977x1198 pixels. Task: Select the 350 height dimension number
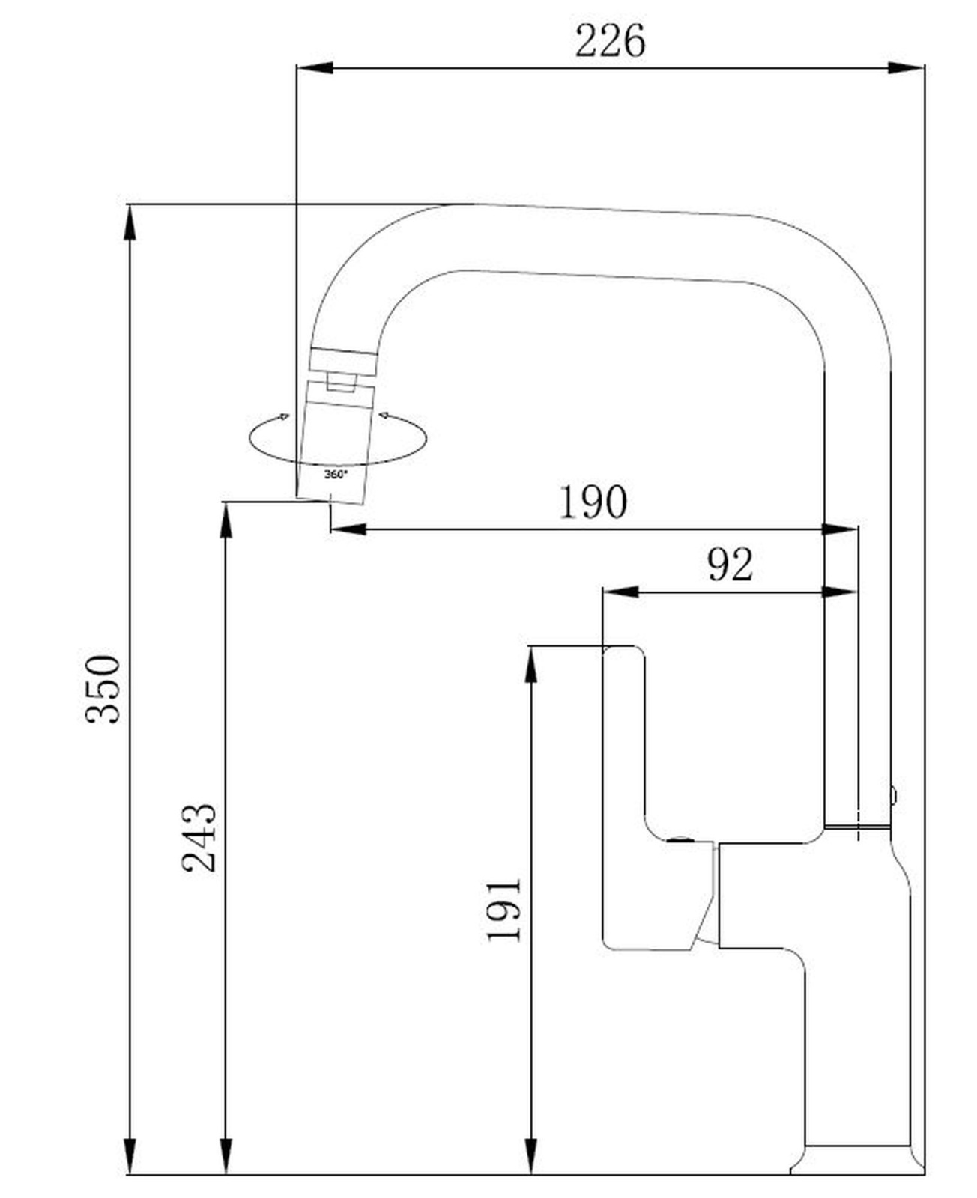(103, 689)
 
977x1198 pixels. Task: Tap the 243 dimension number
(199, 838)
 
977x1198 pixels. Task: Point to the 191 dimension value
(503, 910)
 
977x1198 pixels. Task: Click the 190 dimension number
(593, 502)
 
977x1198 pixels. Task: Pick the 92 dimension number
(729, 565)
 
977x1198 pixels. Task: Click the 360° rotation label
(336, 475)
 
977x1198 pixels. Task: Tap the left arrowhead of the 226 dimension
(315, 68)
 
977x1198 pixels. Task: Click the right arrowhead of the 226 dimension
(906, 68)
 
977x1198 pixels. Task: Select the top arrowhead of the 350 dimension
(130, 222)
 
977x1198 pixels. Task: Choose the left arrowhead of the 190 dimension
(348, 529)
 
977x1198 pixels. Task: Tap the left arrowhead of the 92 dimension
(620, 592)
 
